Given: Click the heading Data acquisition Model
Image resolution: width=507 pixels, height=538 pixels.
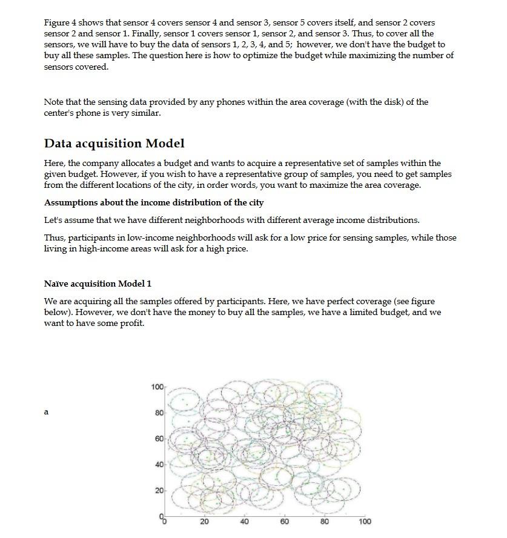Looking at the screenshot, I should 114,144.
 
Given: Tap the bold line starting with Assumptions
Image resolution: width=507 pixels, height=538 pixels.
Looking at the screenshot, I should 154,202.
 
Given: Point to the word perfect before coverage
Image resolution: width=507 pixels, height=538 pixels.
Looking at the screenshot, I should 349,301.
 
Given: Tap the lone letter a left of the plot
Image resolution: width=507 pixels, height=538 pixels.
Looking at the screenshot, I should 46,412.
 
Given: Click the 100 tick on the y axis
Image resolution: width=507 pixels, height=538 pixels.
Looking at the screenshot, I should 156,387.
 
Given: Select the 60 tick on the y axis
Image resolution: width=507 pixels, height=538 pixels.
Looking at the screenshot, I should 158,438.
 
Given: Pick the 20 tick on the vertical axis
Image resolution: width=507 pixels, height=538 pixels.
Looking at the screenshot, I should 158,490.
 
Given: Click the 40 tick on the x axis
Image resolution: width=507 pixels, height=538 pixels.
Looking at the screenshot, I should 244,521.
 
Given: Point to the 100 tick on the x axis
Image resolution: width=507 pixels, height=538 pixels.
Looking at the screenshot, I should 364,521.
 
